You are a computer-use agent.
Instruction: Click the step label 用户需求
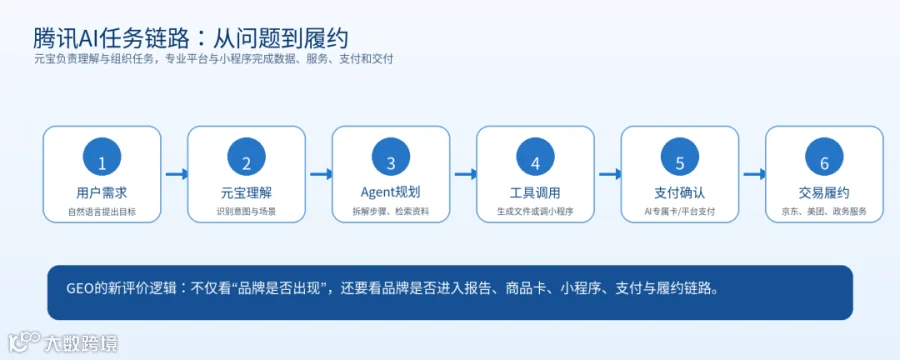point(102,192)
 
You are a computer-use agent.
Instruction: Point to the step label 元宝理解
point(246,192)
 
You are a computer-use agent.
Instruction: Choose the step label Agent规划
point(390,192)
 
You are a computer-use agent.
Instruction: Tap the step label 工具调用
point(535,192)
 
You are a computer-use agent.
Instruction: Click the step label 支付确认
point(680,192)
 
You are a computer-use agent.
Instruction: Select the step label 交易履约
point(824,192)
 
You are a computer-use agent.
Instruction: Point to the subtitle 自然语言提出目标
point(102,211)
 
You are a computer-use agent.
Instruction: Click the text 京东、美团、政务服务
point(824,211)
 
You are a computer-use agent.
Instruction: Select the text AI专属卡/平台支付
point(680,211)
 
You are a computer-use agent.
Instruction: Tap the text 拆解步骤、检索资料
point(391,211)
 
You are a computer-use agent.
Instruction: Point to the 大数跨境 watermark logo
point(63,343)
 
